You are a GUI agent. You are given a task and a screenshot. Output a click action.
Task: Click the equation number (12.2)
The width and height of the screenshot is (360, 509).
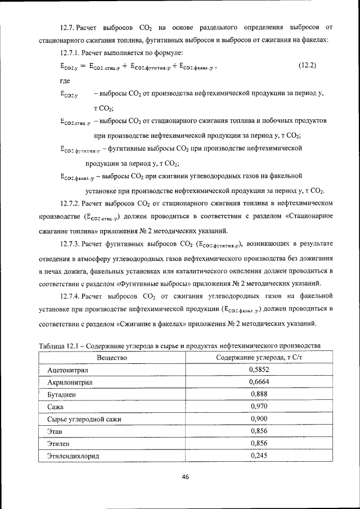(x=307, y=65)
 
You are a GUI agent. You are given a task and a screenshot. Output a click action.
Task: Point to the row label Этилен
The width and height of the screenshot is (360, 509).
(x=57, y=444)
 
